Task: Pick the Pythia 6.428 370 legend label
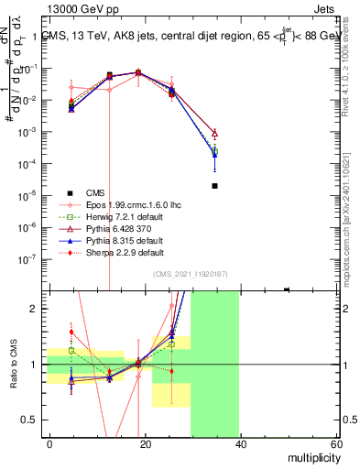[114, 228]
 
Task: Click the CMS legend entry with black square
[95, 192]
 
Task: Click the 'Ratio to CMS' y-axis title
[14, 365]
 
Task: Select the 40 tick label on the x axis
[240, 442]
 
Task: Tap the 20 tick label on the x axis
[145, 442]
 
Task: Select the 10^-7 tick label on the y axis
[29, 258]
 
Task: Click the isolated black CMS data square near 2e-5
[214, 186]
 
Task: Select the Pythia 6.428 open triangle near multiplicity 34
[214, 134]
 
